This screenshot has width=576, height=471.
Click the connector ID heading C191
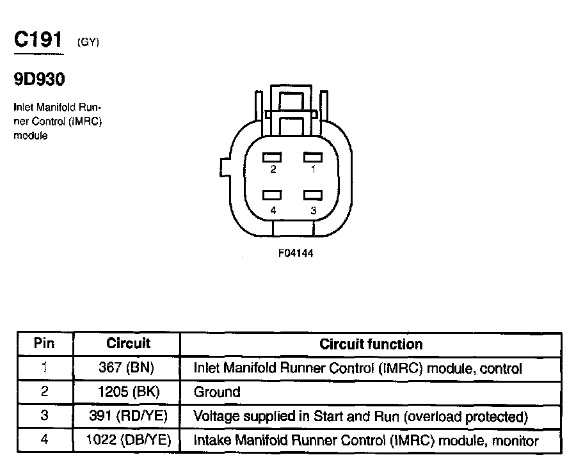(x=38, y=40)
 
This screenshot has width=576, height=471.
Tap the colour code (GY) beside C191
(x=88, y=43)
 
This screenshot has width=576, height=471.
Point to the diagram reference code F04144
(x=295, y=253)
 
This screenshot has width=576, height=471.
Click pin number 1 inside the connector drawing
(x=313, y=169)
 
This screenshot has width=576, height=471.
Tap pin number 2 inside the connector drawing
(x=273, y=169)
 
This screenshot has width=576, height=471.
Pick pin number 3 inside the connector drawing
(x=313, y=209)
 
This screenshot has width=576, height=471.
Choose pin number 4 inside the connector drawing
(x=273, y=209)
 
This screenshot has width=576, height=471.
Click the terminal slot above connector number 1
(x=312, y=156)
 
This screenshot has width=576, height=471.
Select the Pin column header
(x=44, y=344)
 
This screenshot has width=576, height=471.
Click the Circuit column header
(x=128, y=344)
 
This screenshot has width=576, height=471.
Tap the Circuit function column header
(x=371, y=344)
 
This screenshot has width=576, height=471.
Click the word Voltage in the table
(x=216, y=417)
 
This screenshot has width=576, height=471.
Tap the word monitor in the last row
(x=516, y=440)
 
